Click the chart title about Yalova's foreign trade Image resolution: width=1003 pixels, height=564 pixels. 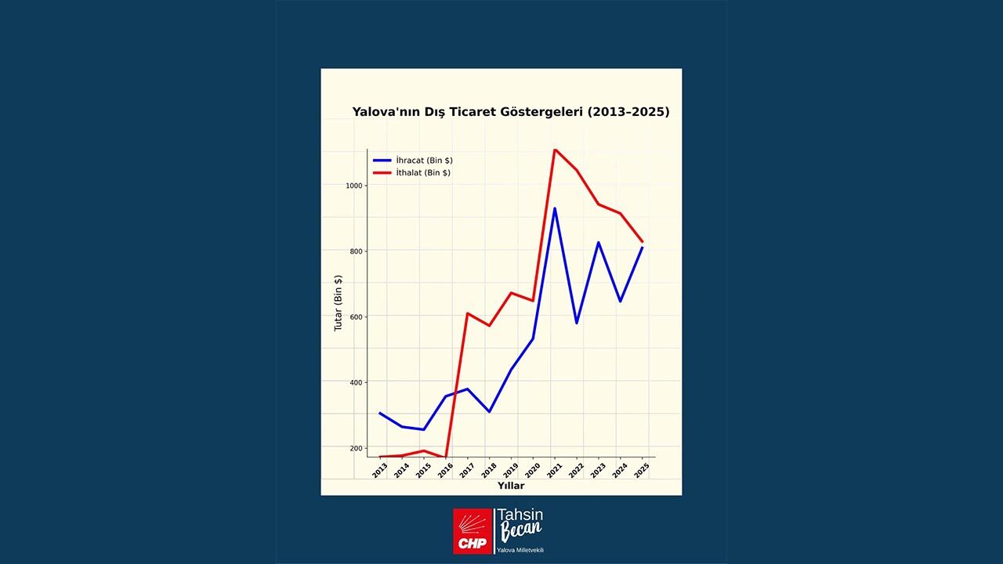(x=511, y=112)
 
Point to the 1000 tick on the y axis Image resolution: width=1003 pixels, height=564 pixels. (x=353, y=186)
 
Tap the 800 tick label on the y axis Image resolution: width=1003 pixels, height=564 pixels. (x=356, y=251)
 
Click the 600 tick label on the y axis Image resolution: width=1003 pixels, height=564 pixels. (x=356, y=317)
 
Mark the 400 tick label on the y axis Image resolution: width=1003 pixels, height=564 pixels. (x=356, y=383)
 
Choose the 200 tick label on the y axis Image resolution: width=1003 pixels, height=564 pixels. (x=356, y=449)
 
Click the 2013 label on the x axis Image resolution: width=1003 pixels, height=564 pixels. (x=379, y=470)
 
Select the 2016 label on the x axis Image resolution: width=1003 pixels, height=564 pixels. (x=445, y=470)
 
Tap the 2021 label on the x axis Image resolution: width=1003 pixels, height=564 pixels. (x=554, y=470)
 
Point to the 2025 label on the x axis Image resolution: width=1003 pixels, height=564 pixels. (x=642, y=470)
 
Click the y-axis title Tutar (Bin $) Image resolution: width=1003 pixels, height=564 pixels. (x=339, y=302)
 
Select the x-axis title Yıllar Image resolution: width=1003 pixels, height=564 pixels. (x=511, y=486)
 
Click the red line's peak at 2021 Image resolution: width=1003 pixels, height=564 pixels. (x=555, y=150)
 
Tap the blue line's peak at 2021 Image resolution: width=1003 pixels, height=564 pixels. (x=555, y=208)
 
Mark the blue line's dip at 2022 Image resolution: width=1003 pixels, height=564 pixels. (x=577, y=323)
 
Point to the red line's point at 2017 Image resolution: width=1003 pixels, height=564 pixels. (x=467, y=313)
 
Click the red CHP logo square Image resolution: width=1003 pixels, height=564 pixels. (x=473, y=530)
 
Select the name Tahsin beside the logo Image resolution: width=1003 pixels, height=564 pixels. (x=521, y=515)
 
